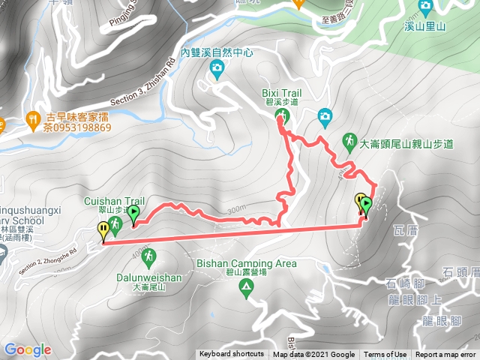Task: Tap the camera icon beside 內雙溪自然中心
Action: tap(217, 70)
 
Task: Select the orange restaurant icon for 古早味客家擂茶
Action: tap(33, 118)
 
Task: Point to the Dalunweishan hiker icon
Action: tap(148, 256)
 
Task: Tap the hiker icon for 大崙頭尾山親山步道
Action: tap(349, 139)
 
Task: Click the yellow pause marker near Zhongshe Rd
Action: tap(103, 231)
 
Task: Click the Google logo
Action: tap(28, 349)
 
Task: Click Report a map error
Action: tap(445, 355)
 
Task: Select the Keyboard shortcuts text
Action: tap(231, 355)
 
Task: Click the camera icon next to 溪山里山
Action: tap(425, 7)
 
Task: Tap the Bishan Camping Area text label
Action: tap(246, 264)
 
